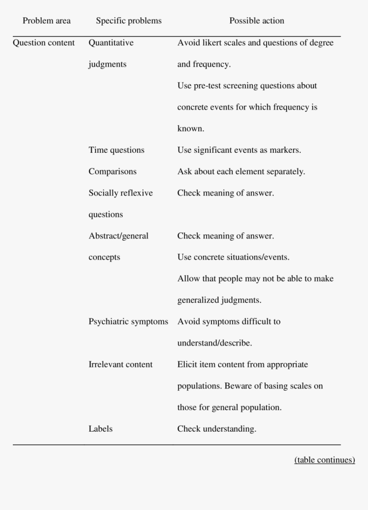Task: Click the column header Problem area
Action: click(47, 21)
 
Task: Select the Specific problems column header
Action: click(129, 21)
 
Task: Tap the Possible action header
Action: click(257, 21)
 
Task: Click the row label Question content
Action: click(44, 43)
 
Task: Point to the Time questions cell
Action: click(116, 150)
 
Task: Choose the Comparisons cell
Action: click(113, 172)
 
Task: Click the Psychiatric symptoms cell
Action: click(128, 321)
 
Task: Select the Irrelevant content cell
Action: click(120, 365)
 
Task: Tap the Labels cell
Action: click(101, 429)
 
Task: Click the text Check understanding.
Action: click(217, 429)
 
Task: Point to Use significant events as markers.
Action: click(239, 150)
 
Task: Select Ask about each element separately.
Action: click(241, 172)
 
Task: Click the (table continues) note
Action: click(324, 460)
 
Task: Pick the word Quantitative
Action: click(111, 43)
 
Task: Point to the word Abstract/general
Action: click(119, 236)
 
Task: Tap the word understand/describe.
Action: click(215, 343)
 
